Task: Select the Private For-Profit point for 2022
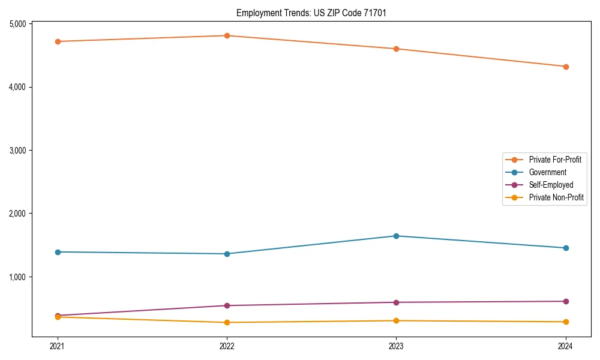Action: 227,36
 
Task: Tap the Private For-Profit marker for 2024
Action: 565,67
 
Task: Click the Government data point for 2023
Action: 396,236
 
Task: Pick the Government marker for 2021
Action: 58,252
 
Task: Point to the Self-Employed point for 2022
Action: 227,305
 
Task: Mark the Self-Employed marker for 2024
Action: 565,301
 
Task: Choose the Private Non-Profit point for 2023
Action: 396,320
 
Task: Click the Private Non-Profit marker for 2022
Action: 227,322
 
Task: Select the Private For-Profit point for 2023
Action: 396,49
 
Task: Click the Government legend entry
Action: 547,172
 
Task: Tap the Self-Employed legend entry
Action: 551,185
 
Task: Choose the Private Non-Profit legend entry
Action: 556,197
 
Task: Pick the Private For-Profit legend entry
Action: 555,160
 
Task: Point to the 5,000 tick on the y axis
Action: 17,24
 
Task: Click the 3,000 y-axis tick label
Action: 17,151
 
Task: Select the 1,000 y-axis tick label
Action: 17,277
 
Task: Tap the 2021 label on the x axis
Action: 58,346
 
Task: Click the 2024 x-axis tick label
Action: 565,346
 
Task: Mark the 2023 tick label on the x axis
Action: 396,346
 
